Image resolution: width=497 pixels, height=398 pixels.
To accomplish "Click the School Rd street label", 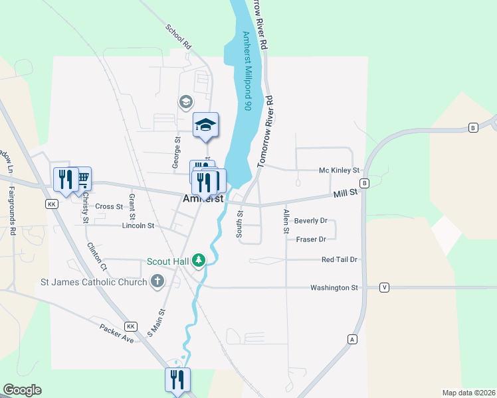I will tap(178, 37).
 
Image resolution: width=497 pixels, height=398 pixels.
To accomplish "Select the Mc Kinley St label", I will tap(339, 170).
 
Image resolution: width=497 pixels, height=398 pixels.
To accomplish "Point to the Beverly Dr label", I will tap(311, 220).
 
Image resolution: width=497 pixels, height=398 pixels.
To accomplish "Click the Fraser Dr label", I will tap(311, 239).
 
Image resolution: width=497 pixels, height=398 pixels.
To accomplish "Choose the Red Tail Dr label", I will tap(340, 260).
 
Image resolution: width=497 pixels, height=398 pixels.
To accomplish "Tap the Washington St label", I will tap(334, 287).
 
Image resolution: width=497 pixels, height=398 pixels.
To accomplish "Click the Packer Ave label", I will tap(117, 333).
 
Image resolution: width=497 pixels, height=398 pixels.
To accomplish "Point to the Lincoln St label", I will tap(138, 226).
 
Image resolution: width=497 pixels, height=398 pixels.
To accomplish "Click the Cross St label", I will tap(109, 206).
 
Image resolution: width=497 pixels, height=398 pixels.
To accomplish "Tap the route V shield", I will tap(384, 287).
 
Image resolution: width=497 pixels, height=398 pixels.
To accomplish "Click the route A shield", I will tap(352, 339).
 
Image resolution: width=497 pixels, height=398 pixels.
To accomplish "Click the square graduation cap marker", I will tap(206, 124).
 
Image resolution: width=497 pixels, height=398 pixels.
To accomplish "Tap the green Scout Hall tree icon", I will tap(198, 261).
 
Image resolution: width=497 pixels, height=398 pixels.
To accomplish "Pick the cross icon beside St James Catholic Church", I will tap(157, 281).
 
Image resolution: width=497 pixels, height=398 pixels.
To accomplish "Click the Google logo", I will tap(22, 390).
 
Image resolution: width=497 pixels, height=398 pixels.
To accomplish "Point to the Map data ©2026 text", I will tap(468, 393).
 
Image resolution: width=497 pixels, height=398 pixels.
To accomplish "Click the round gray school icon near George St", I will tap(185, 101).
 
